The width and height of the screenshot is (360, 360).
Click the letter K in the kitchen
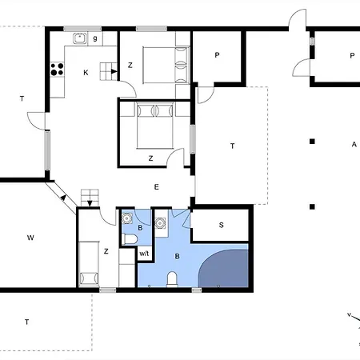(86, 73)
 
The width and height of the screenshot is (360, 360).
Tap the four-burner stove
(57, 69)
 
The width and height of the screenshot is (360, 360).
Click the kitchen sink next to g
(80, 38)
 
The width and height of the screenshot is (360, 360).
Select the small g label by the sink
(95, 38)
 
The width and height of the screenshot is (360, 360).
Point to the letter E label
(156, 187)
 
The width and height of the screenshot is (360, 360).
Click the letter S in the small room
(221, 225)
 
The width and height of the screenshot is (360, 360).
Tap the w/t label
(144, 254)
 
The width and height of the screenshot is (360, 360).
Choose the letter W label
(30, 238)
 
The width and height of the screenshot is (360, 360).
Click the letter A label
(354, 144)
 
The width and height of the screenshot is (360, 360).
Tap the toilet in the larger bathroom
(172, 279)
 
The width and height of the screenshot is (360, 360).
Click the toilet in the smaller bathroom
(130, 238)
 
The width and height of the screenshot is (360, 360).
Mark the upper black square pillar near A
(312, 142)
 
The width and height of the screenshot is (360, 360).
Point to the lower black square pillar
(312, 206)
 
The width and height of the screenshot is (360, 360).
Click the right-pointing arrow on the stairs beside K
(114, 71)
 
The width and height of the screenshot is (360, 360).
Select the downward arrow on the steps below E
(90, 203)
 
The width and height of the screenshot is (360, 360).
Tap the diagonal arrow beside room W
(63, 198)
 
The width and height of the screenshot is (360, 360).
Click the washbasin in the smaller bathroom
(127, 218)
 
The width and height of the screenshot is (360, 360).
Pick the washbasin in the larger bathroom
(160, 223)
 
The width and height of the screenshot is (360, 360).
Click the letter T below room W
(26, 322)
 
